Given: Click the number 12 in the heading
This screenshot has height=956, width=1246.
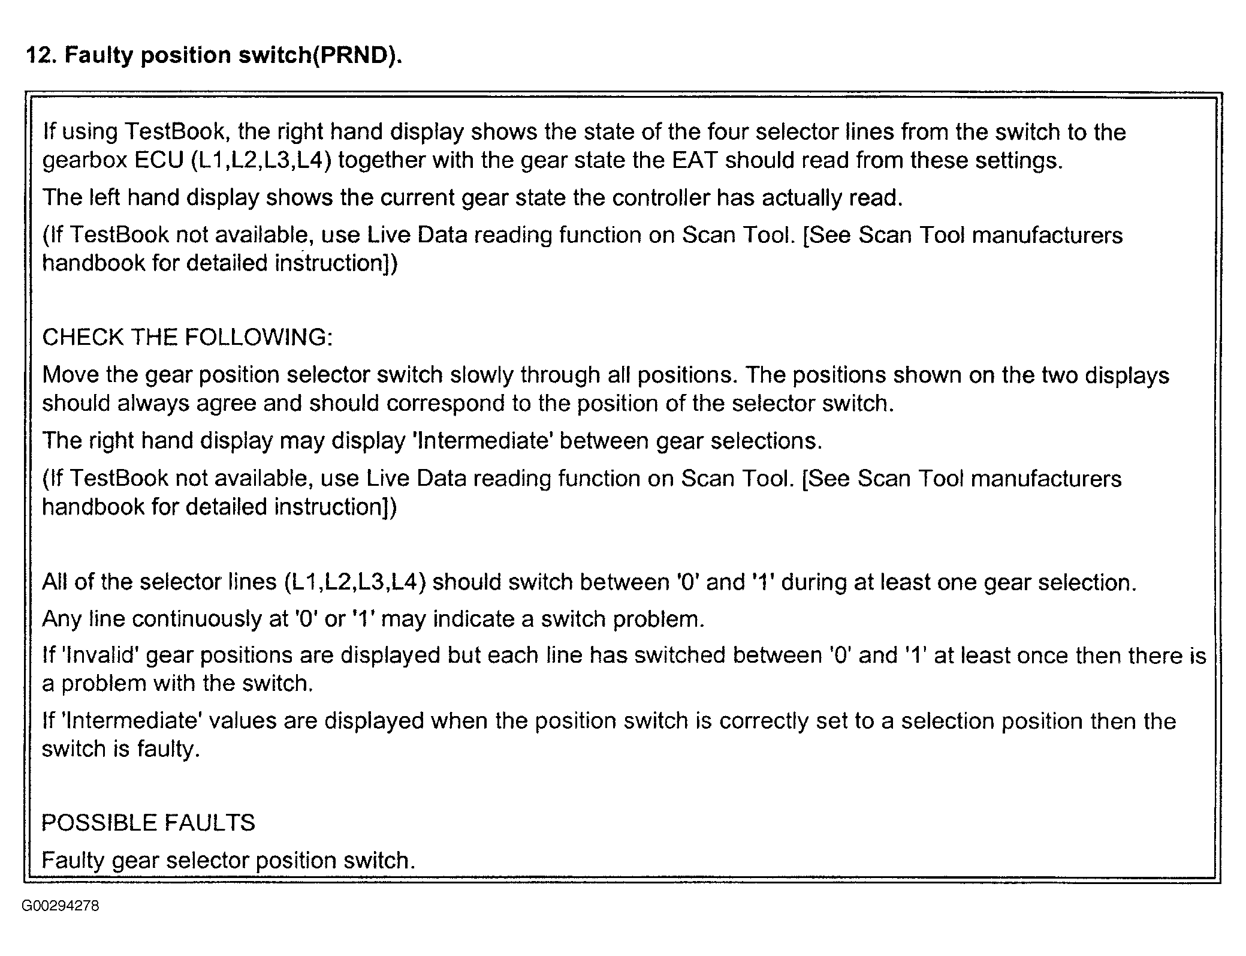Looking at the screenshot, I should pos(41,55).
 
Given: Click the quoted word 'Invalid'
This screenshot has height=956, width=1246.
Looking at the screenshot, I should pos(99,655).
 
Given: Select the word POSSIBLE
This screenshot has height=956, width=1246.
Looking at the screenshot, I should pos(98,822).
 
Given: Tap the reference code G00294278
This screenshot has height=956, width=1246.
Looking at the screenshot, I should pos(60,906).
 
